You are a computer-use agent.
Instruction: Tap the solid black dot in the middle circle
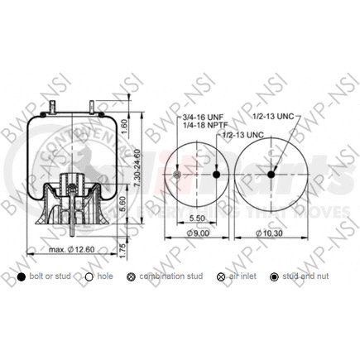click(216, 175)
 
